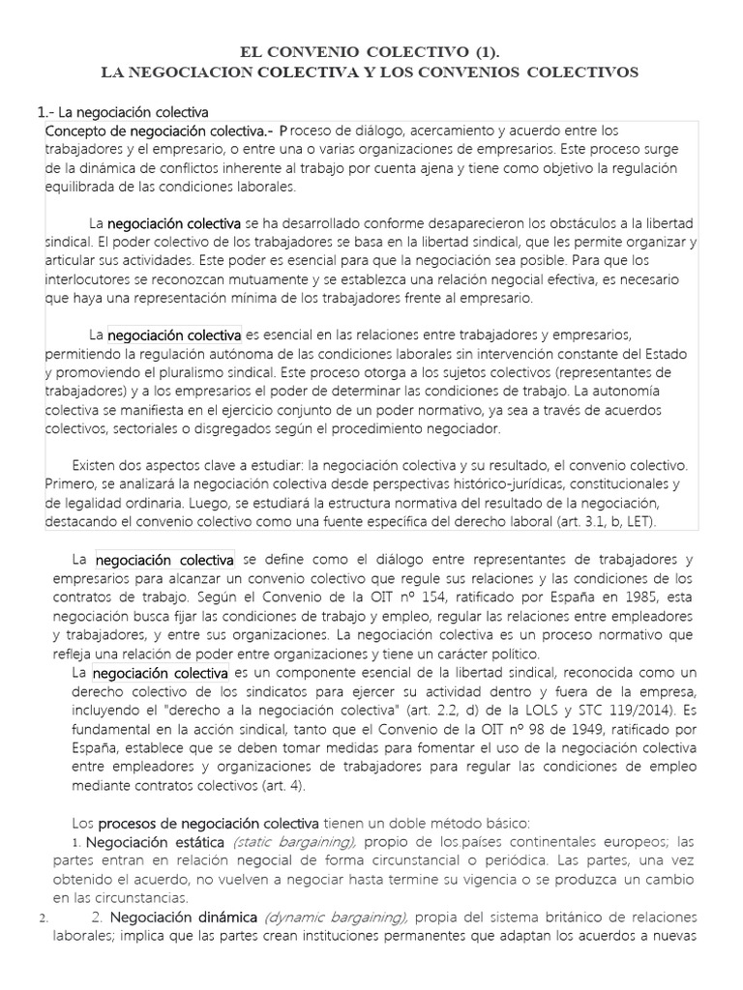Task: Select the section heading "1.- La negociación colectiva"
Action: [x=122, y=113]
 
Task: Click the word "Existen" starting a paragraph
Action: [x=99, y=466]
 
